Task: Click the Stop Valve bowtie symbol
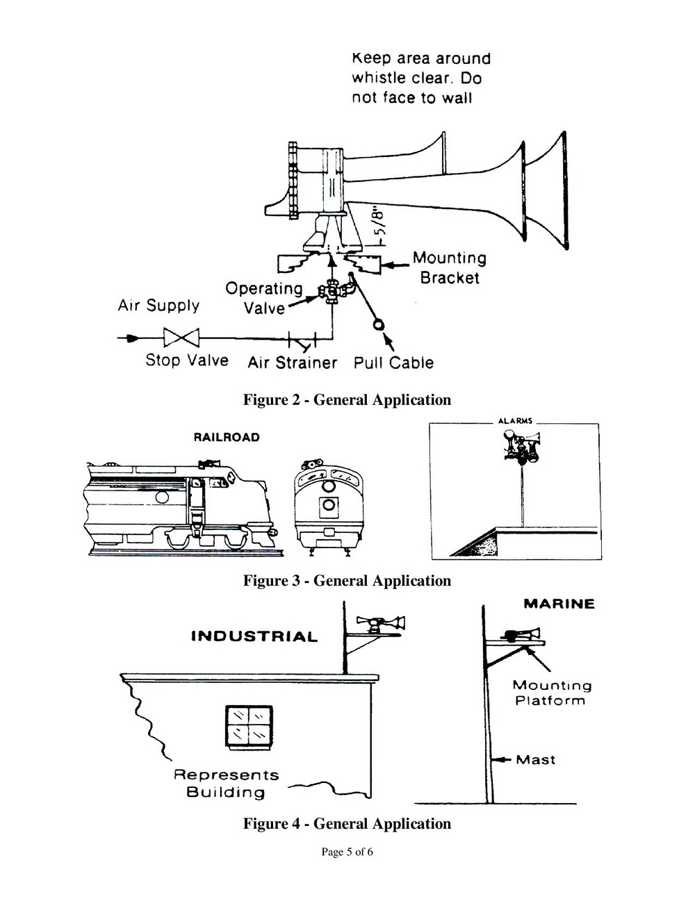181,338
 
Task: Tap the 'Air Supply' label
158,306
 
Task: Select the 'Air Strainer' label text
292,363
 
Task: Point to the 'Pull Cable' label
393,363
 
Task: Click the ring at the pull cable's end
379,324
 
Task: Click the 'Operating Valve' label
264,298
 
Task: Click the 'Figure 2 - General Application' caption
347,399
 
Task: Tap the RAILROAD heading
227,437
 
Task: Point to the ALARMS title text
515,421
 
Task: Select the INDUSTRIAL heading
254,636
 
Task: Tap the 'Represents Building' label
226,783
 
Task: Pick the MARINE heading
559,604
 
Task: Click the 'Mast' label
536,759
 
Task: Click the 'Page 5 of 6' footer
347,852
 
